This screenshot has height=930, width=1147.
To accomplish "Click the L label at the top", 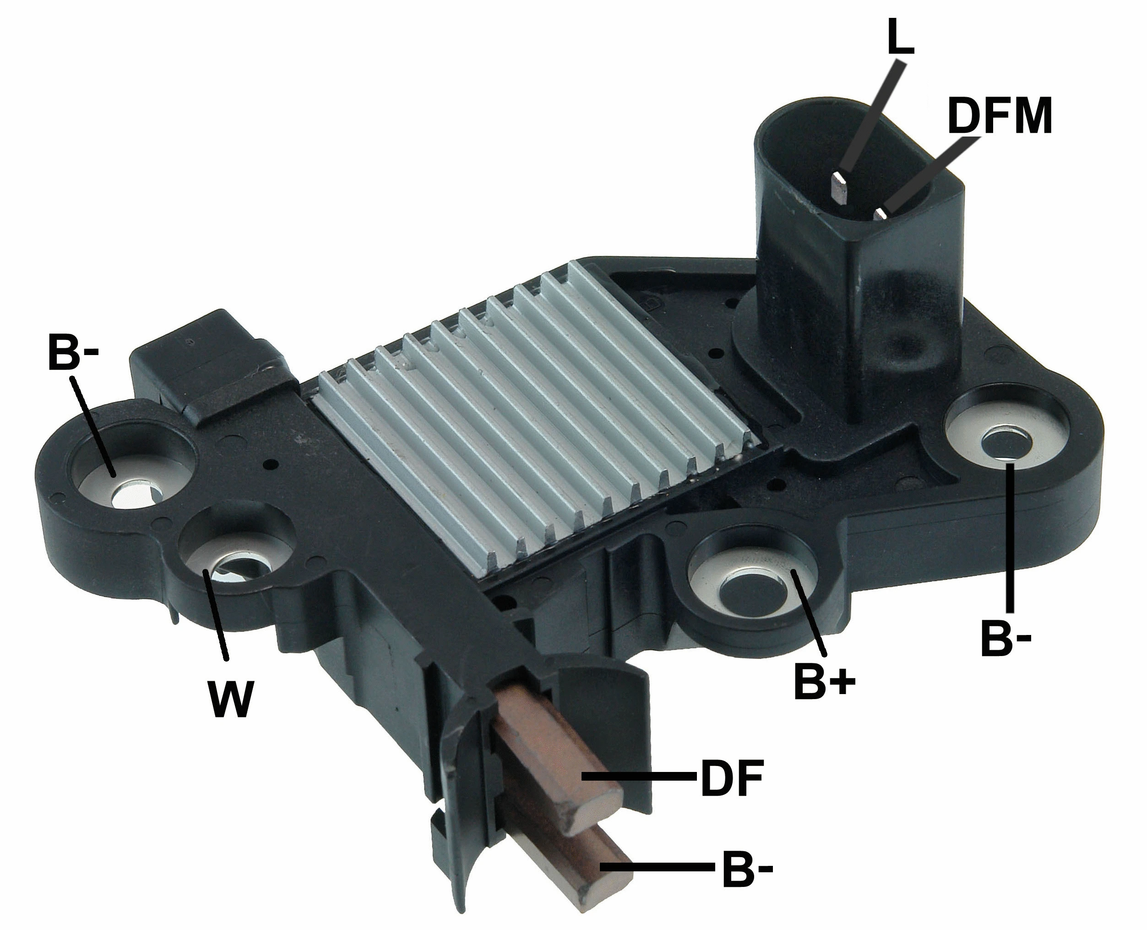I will point(900,38).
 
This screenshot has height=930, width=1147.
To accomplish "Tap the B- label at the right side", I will point(1006,639).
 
